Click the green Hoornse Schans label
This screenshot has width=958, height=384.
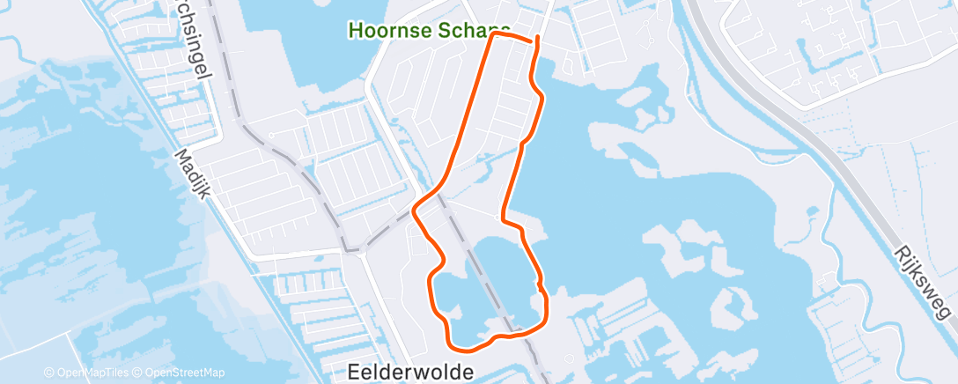click(x=429, y=29)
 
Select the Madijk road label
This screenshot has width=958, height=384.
click(x=191, y=174)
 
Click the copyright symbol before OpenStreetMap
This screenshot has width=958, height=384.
click(x=139, y=373)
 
